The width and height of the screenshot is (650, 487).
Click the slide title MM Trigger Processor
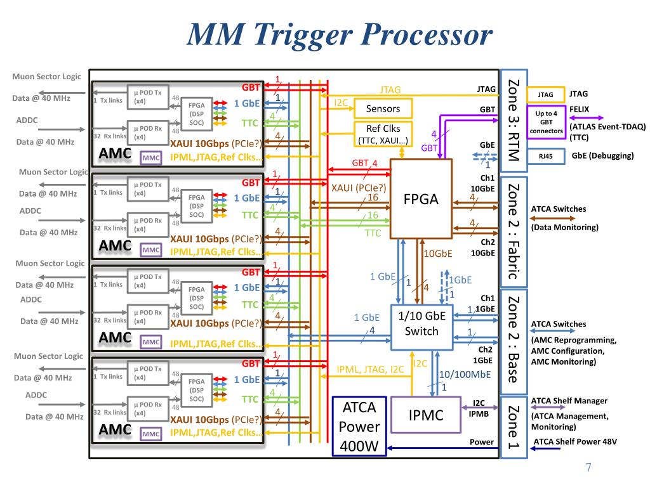pyautogui.click(x=339, y=35)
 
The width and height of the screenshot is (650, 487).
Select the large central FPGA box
pyautogui.click(x=421, y=198)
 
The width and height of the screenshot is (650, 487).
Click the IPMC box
pyautogui.click(x=425, y=415)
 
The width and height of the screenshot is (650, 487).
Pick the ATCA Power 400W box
pyautogui.click(x=359, y=426)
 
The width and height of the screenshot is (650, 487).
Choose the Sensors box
pyautogui.click(x=383, y=109)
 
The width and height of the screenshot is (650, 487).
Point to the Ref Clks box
pyautogui.click(x=383, y=134)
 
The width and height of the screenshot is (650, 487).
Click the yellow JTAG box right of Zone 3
pyautogui.click(x=545, y=95)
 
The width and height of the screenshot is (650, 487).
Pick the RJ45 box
pyautogui.click(x=545, y=156)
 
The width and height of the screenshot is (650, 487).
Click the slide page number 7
pyautogui.click(x=588, y=468)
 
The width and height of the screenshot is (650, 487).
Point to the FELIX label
pyautogui.click(x=579, y=109)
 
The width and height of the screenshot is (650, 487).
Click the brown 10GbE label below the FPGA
pyautogui.click(x=438, y=254)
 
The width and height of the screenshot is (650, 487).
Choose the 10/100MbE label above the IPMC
pyautogui.click(x=465, y=374)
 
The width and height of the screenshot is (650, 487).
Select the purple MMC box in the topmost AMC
pyautogui.click(x=151, y=158)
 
